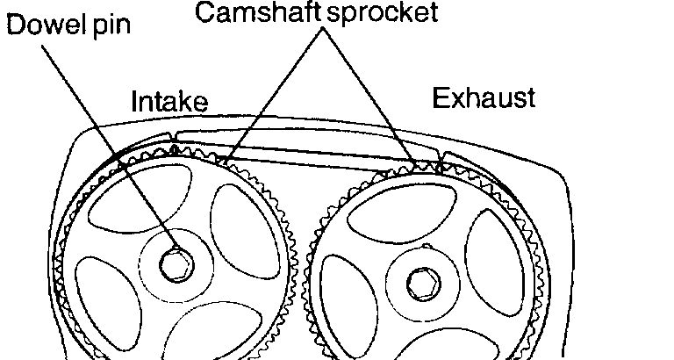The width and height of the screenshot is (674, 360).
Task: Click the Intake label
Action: (x=169, y=103)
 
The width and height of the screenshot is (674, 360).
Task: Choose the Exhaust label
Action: (x=483, y=97)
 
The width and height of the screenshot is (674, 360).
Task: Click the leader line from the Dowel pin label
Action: (x=105, y=140)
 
